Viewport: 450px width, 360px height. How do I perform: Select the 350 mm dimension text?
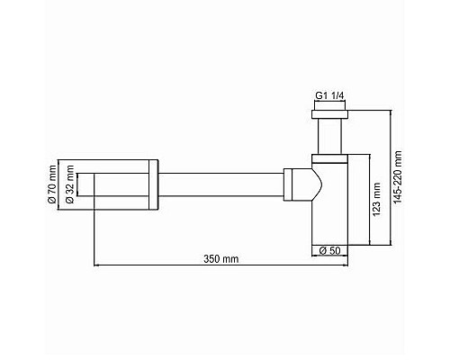coord(220,258)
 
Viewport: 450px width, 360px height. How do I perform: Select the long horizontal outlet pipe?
coord(220,184)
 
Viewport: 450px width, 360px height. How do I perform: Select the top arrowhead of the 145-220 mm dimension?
coord(391,112)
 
